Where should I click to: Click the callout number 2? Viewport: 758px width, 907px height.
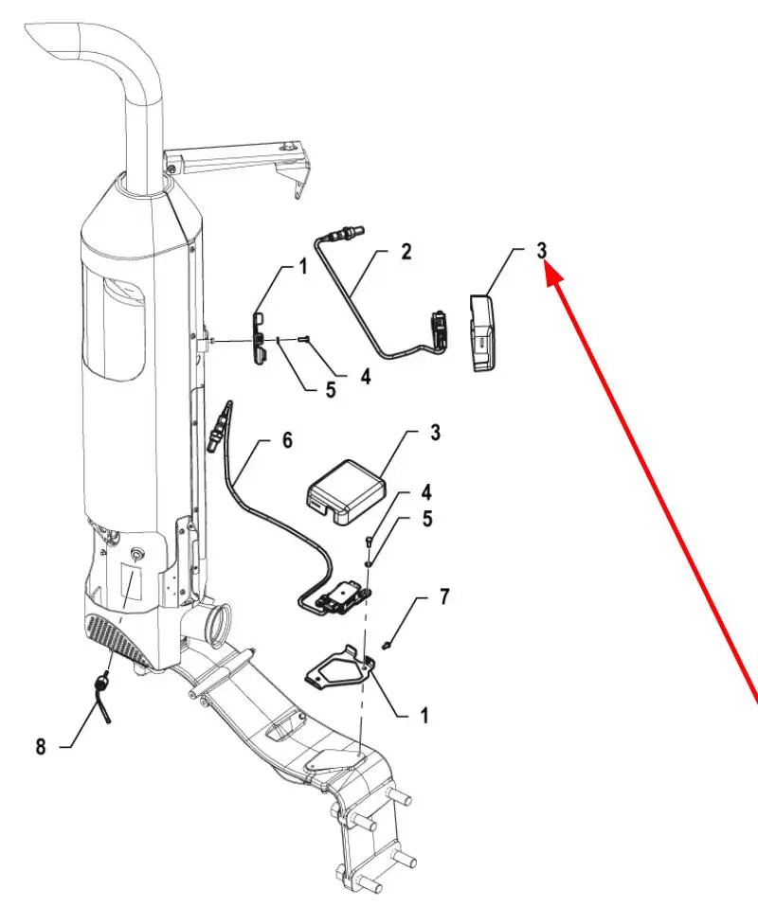(x=406, y=252)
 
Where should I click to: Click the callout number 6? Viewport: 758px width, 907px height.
(x=287, y=440)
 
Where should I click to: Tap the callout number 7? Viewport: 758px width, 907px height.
(x=444, y=596)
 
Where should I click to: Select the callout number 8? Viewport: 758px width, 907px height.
(x=41, y=746)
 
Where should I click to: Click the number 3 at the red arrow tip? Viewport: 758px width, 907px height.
(x=541, y=251)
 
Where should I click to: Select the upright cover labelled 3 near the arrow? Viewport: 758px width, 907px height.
(x=482, y=332)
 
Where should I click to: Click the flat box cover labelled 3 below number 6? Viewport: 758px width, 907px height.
(x=346, y=491)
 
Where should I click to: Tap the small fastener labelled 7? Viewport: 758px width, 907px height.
(x=388, y=644)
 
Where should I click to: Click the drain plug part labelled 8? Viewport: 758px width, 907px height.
(x=104, y=694)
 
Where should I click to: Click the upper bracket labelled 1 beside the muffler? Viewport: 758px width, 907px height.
(x=260, y=338)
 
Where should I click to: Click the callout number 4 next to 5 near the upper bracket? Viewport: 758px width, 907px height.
(x=366, y=377)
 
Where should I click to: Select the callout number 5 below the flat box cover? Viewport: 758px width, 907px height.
(x=426, y=519)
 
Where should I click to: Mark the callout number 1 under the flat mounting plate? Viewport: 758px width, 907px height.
(x=424, y=716)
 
